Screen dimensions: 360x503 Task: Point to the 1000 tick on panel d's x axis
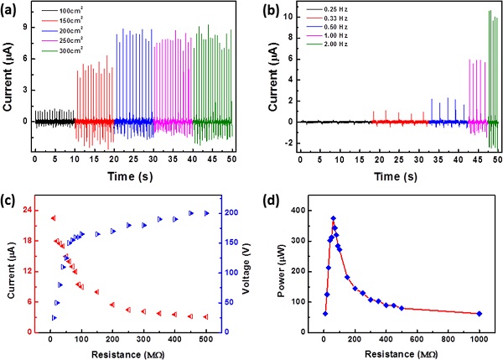(x=479, y=339)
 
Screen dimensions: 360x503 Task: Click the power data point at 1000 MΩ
(x=479, y=314)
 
